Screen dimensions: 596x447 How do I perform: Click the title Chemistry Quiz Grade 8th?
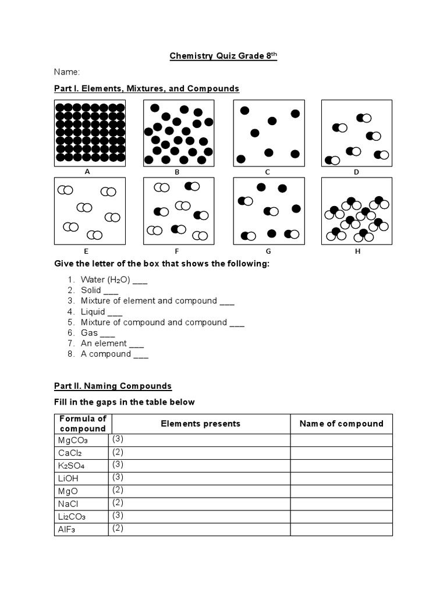coord(223,56)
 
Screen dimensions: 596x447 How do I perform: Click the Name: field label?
coord(67,72)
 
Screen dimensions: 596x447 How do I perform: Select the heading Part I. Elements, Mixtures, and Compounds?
coord(147,88)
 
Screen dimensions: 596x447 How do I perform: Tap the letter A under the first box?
coord(87,172)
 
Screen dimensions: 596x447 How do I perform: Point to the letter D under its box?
coord(356,172)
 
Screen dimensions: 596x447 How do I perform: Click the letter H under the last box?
coord(357,251)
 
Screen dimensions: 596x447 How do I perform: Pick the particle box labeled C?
coord(268,133)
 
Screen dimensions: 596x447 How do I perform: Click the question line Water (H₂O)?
coord(113,280)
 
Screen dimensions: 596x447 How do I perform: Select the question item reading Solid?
coord(99,290)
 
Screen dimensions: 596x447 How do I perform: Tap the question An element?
coord(112,343)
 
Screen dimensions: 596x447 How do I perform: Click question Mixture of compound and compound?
coord(162,322)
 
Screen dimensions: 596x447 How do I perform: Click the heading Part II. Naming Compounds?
coord(113,386)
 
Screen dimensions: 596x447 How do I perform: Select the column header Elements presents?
coord(200,424)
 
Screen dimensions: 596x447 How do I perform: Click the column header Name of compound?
coord(341,424)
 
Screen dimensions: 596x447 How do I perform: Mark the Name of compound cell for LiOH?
coord(341,478)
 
